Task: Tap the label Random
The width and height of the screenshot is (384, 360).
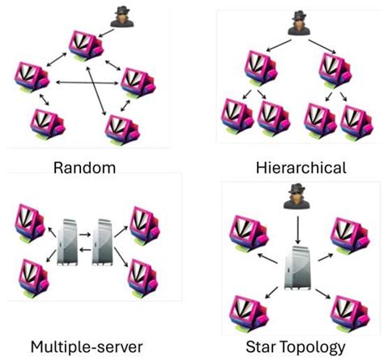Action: click(84, 168)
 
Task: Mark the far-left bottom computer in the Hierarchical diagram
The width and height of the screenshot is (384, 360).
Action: click(235, 118)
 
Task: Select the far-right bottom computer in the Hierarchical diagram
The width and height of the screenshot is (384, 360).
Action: click(353, 118)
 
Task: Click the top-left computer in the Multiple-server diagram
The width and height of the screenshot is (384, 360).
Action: click(28, 220)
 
